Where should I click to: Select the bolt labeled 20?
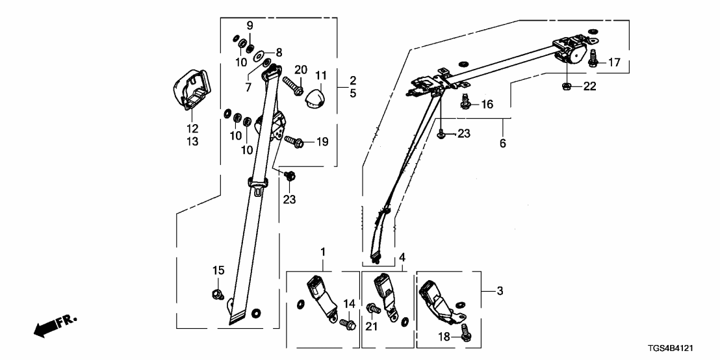pos(292,84)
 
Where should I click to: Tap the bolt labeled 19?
pos(294,140)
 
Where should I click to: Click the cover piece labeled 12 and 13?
pos(189,88)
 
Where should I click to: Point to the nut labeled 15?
pos(218,293)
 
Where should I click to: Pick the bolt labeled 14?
pos(346,321)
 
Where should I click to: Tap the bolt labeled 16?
pos(465,101)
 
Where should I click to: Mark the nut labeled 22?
pos(566,86)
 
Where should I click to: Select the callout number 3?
pos(499,291)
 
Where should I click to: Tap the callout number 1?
pos(323,251)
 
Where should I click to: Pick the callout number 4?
pos(403,257)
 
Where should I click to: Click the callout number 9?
pos(249,25)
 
